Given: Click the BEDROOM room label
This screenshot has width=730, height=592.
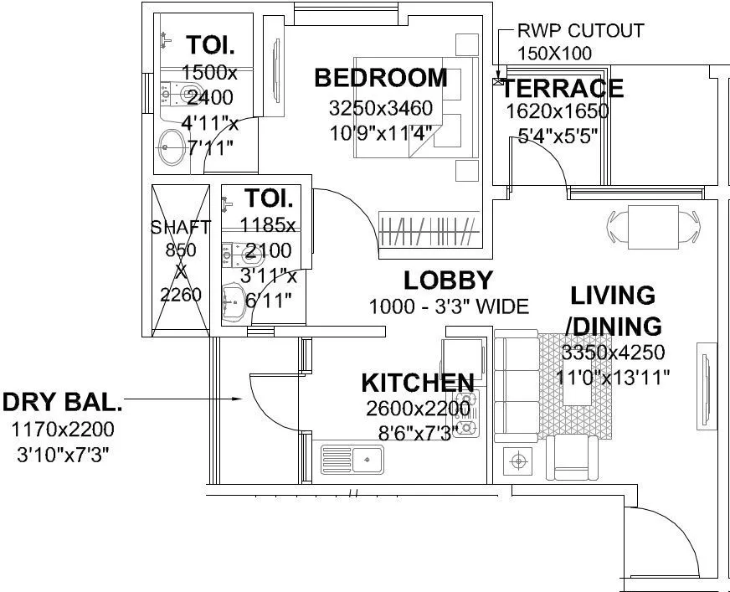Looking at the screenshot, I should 380,79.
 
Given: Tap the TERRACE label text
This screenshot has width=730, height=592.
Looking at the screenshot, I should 563,88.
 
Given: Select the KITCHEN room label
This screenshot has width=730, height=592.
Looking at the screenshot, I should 417,384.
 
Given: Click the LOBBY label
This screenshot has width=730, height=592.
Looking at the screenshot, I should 448,281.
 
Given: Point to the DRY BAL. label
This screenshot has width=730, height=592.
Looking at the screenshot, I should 63,403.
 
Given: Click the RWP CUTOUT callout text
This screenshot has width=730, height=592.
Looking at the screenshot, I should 580,31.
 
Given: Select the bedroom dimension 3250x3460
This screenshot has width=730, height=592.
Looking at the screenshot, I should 380,108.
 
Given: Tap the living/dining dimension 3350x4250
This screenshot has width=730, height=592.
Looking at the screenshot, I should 614,352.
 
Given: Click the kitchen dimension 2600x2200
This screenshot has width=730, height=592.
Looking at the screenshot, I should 418,409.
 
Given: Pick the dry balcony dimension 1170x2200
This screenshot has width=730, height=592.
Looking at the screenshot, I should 63,430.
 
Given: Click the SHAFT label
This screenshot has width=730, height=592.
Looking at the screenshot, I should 180,228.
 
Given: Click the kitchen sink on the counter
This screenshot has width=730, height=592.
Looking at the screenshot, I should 352,460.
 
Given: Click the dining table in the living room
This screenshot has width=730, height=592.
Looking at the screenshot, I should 652,224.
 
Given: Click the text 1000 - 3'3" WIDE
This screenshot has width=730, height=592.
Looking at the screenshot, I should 449,306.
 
